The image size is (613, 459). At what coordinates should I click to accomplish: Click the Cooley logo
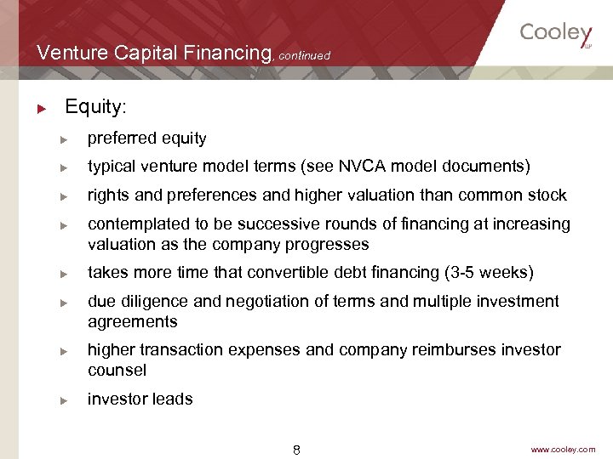556,33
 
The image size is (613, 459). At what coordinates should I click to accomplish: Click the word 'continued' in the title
304,56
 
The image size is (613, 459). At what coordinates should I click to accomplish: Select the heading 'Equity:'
95,107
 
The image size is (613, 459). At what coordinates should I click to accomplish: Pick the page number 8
296,449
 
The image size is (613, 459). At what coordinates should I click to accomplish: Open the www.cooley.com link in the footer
563,449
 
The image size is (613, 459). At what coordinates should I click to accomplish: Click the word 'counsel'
117,371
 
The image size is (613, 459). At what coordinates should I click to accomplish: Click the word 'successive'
276,224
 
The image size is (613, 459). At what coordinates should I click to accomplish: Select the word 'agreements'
132,322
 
